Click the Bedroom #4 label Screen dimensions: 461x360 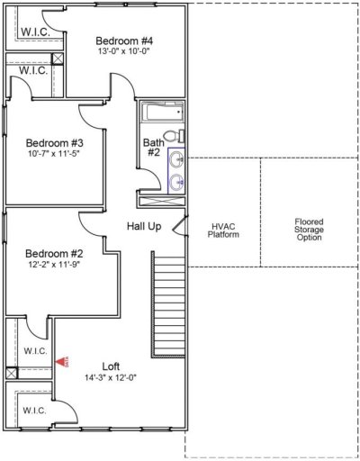point(124,41)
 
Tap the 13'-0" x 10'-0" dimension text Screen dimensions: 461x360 point(124,51)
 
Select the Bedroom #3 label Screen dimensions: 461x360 point(54,142)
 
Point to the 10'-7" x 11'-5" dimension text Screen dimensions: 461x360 point(54,153)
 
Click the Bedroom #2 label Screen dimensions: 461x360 point(54,253)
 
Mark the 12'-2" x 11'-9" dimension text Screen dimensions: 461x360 point(54,264)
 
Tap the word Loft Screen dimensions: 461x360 point(110,366)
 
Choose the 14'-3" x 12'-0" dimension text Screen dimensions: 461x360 point(111,377)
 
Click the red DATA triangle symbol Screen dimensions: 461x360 point(62,361)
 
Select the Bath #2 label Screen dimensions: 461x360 point(153,148)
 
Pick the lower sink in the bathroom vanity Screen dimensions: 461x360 point(175,182)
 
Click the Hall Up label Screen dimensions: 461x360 point(144,226)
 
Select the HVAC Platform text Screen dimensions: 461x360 point(224,230)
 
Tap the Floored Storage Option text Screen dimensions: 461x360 point(308,229)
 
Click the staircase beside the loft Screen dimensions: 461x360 point(168,306)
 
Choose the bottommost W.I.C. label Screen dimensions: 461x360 point(34,411)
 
